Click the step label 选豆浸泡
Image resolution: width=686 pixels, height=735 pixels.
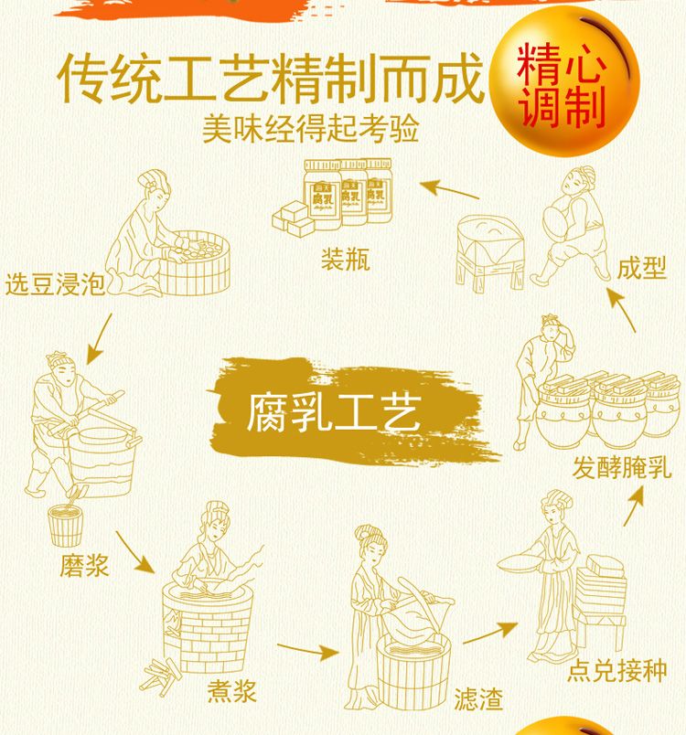point(54,284)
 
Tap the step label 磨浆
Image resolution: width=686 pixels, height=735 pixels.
point(84,565)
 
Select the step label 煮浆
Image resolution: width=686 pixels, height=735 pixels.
point(232,690)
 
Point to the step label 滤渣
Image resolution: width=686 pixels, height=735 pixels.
point(478,699)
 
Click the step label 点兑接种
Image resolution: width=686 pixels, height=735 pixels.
point(617,670)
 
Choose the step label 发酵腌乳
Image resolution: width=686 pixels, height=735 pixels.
point(622,468)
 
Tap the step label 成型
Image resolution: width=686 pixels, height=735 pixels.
point(641,268)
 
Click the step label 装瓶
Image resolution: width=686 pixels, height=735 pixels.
point(346,260)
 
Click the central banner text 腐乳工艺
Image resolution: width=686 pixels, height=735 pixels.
point(334,412)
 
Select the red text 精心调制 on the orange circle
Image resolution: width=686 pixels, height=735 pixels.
point(562,85)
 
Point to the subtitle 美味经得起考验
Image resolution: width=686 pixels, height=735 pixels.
point(310,128)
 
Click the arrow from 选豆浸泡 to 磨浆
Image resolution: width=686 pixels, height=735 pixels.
point(100,338)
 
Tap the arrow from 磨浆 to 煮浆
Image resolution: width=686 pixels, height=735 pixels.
point(135,552)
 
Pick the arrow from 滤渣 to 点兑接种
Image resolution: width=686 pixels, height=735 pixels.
point(490,633)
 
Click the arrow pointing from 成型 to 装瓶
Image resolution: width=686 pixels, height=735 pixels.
point(449,189)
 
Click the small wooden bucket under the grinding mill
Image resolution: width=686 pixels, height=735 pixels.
point(65,526)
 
